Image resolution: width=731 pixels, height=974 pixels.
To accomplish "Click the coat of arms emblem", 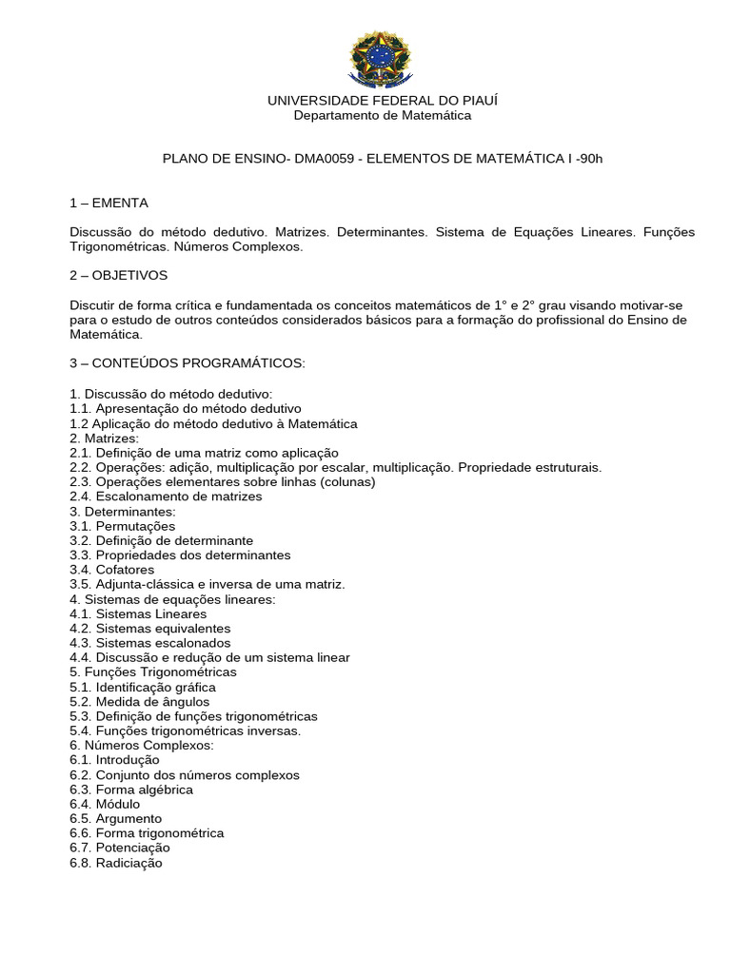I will (x=382, y=58).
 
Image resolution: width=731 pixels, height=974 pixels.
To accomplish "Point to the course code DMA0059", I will (x=326, y=159).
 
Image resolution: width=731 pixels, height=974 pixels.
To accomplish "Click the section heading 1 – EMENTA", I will (x=109, y=203).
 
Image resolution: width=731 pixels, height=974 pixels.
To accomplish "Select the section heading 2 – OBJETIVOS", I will (x=118, y=275).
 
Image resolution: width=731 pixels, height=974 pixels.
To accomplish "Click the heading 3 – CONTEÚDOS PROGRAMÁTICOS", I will (x=187, y=363).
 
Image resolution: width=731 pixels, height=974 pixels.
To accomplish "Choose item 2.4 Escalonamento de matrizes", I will (x=166, y=497).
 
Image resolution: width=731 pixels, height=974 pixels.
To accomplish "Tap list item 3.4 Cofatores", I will (x=111, y=570).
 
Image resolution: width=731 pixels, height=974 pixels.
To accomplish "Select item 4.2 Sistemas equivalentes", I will (x=149, y=629).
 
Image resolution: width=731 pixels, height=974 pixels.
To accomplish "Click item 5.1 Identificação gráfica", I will (x=142, y=687).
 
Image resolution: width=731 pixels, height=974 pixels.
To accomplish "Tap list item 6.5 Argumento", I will (x=115, y=819).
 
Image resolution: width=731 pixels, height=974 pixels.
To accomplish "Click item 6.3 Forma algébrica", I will (x=130, y=789).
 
